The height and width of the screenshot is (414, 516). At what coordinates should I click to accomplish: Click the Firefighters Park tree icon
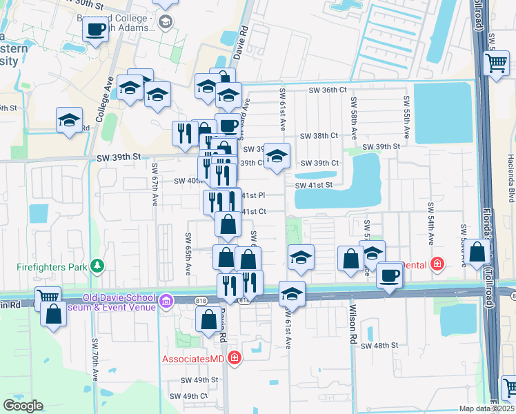coord(98,265)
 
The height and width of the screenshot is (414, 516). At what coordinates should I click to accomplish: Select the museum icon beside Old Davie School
coord(166,301)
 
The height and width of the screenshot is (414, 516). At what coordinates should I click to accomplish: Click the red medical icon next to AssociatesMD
coord(235,357)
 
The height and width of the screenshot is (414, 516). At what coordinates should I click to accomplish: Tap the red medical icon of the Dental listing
coord(436,263)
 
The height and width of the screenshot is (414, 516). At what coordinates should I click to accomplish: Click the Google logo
coord(23,406)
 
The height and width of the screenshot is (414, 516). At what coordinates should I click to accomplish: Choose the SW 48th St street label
coord(379,345)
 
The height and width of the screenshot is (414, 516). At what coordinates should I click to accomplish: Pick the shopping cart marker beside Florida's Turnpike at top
coord(496,63)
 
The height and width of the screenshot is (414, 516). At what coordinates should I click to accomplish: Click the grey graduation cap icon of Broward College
coord(166,23)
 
